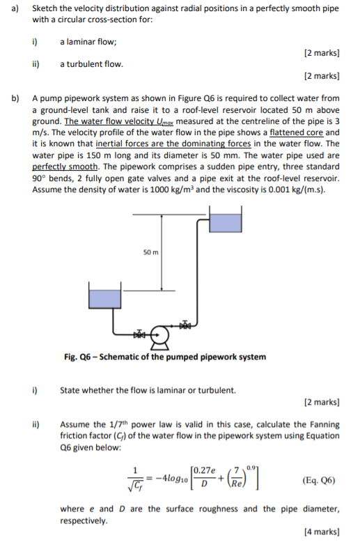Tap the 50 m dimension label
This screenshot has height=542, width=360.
151,252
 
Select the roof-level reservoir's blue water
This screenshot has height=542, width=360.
225,223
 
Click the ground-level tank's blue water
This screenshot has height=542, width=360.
104,299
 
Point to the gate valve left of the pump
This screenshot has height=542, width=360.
139,334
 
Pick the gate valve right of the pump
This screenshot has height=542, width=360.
185,325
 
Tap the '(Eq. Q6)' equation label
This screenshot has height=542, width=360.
318,481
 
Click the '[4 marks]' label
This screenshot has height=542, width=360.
322,532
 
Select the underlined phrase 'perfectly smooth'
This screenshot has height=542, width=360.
65,167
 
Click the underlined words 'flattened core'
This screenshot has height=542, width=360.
296,132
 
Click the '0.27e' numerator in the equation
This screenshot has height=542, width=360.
204,470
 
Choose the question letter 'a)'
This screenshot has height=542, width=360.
15,8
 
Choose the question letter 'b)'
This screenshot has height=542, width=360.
15,98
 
